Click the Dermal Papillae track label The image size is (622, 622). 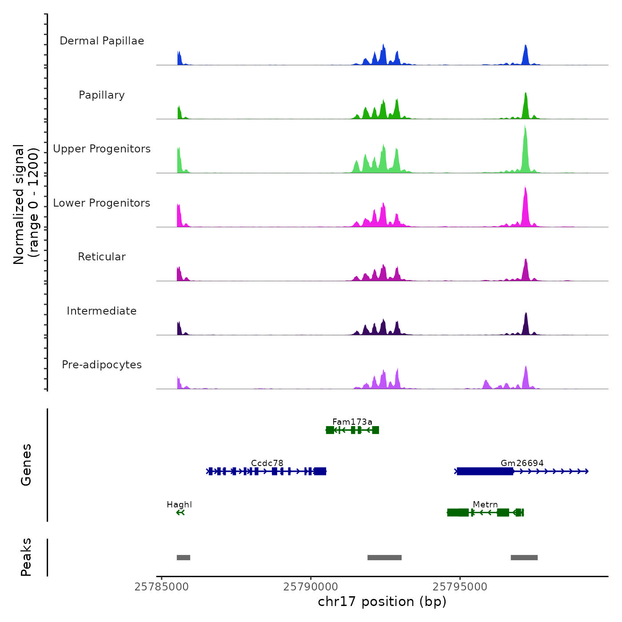point(102,41)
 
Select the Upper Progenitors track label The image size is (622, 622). point(102,149)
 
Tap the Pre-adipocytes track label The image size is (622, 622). point(102,365)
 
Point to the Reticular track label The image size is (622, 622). point(102,257)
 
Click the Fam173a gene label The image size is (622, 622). point(352,422)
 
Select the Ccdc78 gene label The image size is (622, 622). point(267,463)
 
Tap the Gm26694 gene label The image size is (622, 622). point(522,463)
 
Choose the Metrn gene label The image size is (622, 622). point(485,504)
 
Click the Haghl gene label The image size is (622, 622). point(179,504)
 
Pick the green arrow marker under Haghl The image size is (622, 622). point(180,513)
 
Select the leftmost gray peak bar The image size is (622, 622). point(183,558)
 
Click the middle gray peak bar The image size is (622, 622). point(384,558)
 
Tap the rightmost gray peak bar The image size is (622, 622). point(524,558)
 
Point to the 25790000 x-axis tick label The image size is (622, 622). point(311,587)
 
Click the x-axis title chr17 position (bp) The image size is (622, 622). point(382,602)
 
